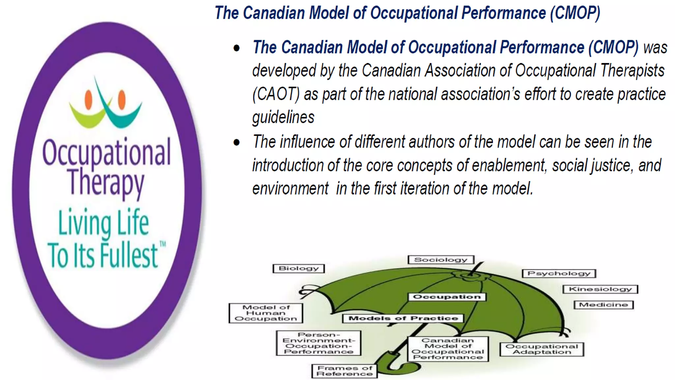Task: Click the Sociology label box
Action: tap(441, 260)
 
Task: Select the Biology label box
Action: tap(299, 269)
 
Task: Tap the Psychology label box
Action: tap(559, 273)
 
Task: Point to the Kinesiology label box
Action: tap(600, 289)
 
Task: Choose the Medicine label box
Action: tap(603, 305)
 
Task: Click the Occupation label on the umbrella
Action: tap(447, 297)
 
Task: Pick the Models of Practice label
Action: tap(403, 318)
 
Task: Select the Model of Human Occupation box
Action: tap(266, 313)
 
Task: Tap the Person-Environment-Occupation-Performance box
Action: tap(318, 343)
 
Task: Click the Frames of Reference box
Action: tap(344, 371)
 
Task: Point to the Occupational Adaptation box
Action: tap(542, 349)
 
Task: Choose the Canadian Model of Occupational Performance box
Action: tap(448, 349)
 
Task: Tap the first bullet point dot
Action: tap(236, 48)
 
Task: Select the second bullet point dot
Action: tap(236, 142)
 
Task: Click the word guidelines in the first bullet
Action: tap(283, 117)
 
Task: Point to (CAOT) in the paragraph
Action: tap(276, 94)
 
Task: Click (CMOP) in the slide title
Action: tap(575, 13)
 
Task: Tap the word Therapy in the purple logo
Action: tap(105, 182)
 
